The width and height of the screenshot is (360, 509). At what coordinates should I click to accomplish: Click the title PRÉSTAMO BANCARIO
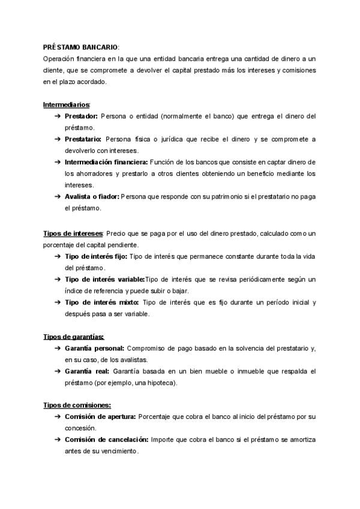click(81, 47)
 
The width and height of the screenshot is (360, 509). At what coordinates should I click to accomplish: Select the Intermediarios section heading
click(66, 104)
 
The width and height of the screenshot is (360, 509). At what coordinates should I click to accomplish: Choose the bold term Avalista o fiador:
click(92, 196)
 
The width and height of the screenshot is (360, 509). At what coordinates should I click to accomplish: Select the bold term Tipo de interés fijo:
click(95, 256)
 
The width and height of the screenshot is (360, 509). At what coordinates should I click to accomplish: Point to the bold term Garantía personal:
click(94, 348)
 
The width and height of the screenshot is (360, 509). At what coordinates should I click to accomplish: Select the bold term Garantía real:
click(86, 371)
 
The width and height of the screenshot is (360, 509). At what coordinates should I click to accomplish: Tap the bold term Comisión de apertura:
click(100, 417)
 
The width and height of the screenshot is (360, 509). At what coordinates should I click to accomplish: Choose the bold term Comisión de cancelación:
click(106, 439)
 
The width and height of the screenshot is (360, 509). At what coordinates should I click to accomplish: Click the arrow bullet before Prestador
click(57, 116)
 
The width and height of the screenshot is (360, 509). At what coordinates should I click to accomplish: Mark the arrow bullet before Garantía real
click(57, 371)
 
